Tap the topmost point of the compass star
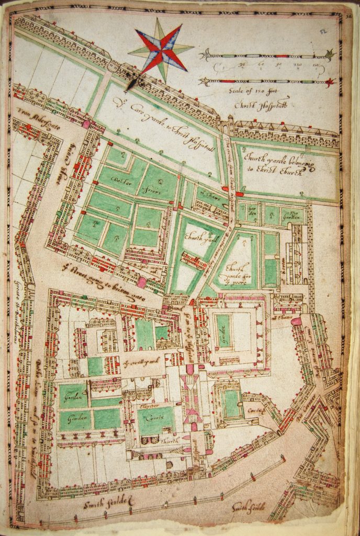pyautogui.click(x=159, y=18)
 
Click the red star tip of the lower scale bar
pyautogui.click(x=329, y=82)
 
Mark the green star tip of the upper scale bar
pyautogui.click(x=329, y=54)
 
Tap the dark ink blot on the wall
pyautogui.click(x=132, y=81)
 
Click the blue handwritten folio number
pyautogui.click(x=323, y=32)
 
